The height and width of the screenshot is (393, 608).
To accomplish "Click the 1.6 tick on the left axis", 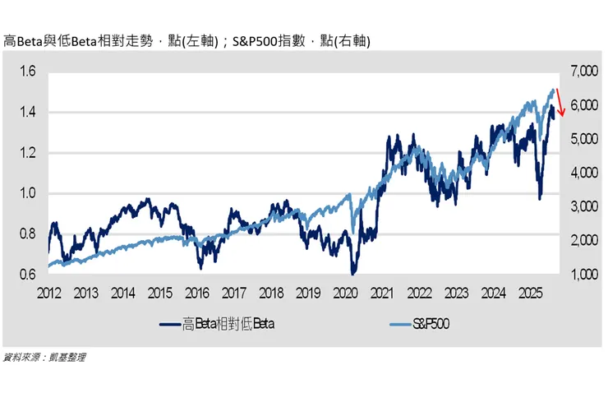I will coord(27,72).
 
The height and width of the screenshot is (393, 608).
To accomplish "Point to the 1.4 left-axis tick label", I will coord(27,113).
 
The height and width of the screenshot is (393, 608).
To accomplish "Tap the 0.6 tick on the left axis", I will coord(27,275).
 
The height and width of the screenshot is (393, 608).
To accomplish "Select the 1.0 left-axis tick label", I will coord(27,193).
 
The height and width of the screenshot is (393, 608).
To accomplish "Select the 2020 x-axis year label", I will coord(346,293).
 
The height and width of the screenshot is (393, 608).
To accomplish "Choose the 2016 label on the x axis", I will coord(197,293).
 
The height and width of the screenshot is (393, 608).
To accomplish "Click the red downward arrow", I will coord(560,103).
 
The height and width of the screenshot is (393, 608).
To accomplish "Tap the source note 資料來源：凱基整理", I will coord(45,357).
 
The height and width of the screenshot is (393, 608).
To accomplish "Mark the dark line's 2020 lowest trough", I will coord(353,272).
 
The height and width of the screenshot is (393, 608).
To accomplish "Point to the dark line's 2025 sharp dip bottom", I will coord(540,198).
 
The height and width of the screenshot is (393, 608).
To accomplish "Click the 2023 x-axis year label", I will coord(458,293).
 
